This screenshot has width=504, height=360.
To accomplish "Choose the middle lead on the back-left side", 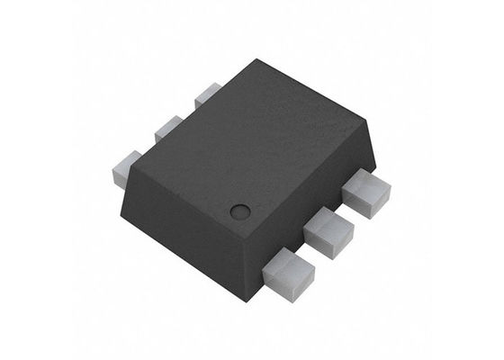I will pos(168,129).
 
